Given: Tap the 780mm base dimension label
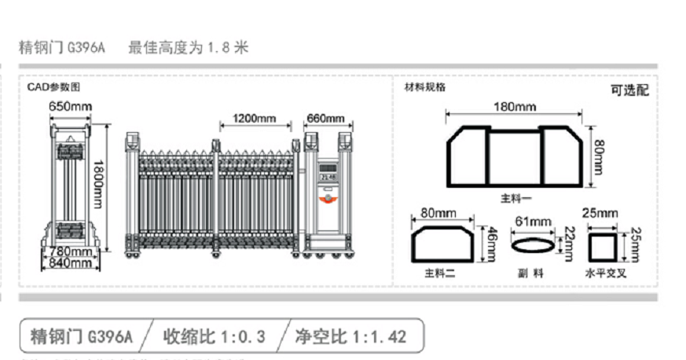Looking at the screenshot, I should pyautogui.click(x=71, y=252).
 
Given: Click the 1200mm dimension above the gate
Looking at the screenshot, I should pyautogui.click(x=254, y=119).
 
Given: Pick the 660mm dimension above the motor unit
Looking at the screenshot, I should pyautogui.click(x=325, y=119).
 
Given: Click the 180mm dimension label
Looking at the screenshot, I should pyautogui.click(x=515, y=107).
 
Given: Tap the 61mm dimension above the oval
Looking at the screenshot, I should pyautogui.click(x=530, y=222).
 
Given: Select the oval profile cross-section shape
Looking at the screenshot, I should pyautogui.click(x=531, y=246).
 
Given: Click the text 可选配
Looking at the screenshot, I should pyautogui.click(x=629, y=90).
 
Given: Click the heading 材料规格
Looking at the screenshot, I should pyautogui.click(x=424, y=87).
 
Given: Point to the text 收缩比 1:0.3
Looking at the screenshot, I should pyautogui.click(x=214, y=337).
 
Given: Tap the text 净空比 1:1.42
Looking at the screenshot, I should pyautogui.click(x=350, y=337).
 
